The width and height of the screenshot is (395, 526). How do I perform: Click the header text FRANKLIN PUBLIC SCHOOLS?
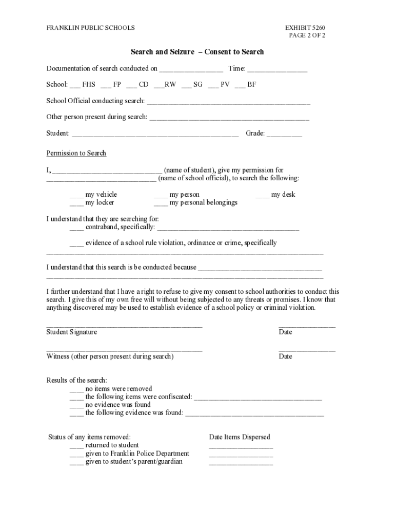click(91, 27)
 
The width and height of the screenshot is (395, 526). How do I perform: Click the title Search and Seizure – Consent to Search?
click(197, 52)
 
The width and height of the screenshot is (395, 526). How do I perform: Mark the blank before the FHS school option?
click(74, 85)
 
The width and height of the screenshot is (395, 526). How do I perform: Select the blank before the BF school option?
click(240, 85)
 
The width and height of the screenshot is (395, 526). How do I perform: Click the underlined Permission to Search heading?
click(76, 153)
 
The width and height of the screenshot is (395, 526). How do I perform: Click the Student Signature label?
click(72, 332)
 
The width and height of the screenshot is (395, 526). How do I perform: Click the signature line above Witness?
click(124, 350)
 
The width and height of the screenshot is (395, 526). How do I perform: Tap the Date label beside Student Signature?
click(285, 332)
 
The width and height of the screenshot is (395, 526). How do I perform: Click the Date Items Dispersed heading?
click(240, 437)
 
